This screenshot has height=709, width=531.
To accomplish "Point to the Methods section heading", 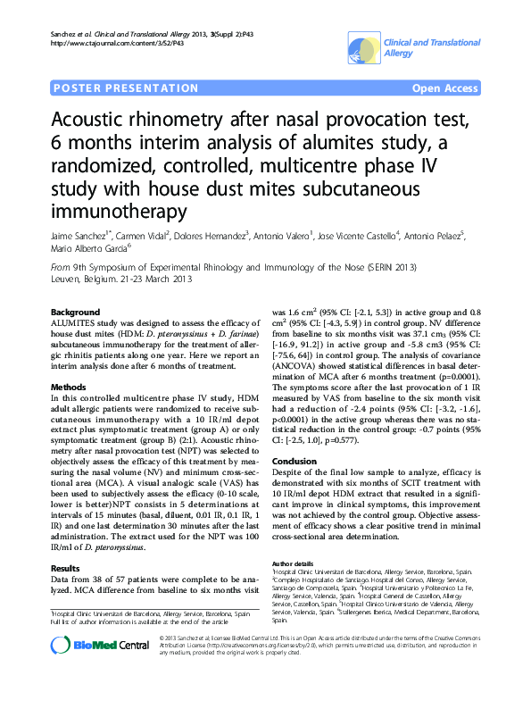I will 70,386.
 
